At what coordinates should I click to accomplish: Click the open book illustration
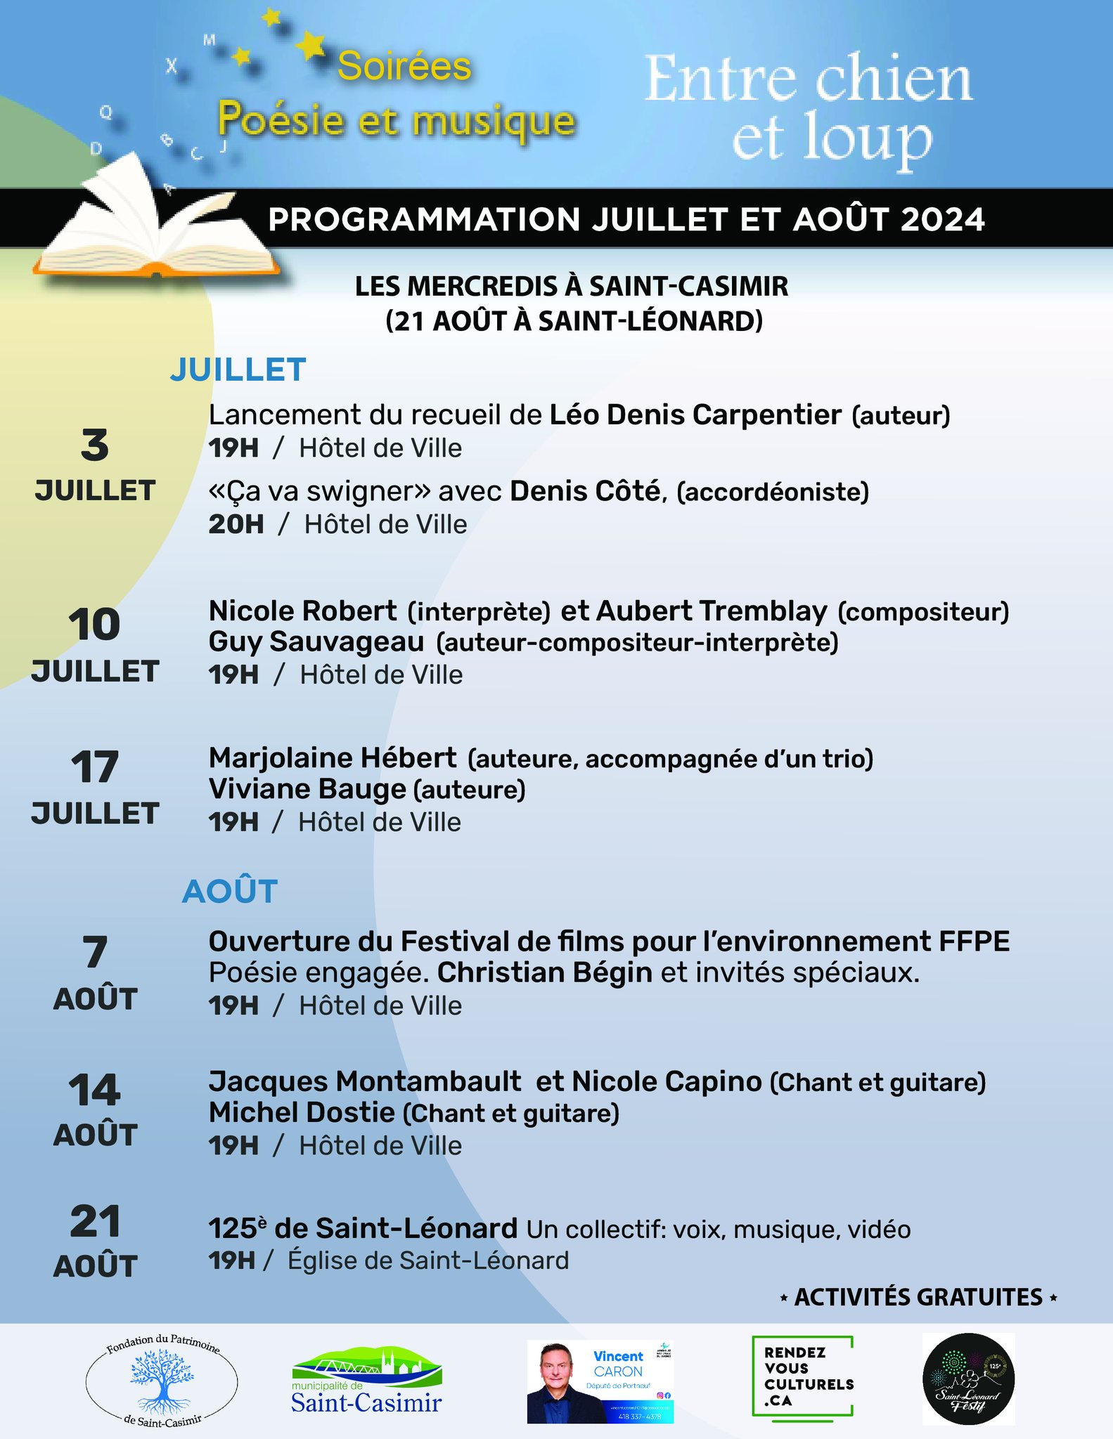[x=158, y=225]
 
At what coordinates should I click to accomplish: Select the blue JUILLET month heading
[x=238, y=370]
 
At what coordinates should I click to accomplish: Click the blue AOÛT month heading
[x=230, y=892]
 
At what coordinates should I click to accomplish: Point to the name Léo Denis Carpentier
[x=695, y=415]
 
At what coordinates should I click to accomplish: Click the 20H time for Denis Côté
[x=236, y=524]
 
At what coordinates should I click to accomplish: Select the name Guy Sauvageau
[x=316, y=642]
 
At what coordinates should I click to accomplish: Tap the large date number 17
[x=95, y=767]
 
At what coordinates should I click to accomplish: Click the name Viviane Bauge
[x=307, y=790]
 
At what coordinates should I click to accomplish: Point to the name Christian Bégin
[x=545, y=973]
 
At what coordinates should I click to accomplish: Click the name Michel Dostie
[x=302, y=1113]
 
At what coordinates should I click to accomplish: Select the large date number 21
[x=95, y=1222]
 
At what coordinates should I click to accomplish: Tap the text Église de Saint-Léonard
[x=428, y=1261]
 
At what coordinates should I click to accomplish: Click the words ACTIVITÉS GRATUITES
[x=918, y=1297]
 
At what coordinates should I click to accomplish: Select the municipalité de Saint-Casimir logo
[x=366, y=1381]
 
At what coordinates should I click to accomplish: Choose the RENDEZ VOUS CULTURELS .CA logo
[x=802, y=1379]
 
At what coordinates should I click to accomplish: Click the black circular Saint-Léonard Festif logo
[x=968, y=1379]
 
